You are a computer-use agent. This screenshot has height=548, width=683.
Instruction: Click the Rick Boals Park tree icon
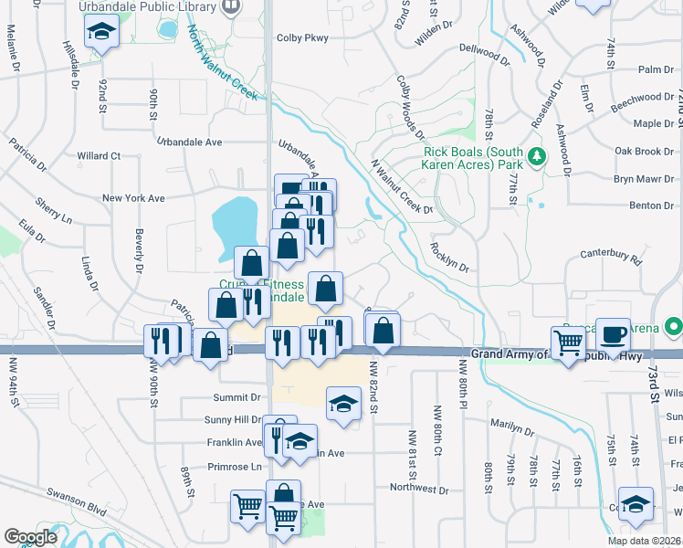[x=538, y=155]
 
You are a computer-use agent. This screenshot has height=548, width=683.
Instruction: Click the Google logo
[x=30, y=537]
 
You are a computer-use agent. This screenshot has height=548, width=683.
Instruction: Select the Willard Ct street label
[x=99, y=156]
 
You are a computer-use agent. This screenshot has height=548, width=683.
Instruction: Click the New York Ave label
[x=133, y=198]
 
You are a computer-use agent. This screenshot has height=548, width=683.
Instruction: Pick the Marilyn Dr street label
[x=511, y=426]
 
